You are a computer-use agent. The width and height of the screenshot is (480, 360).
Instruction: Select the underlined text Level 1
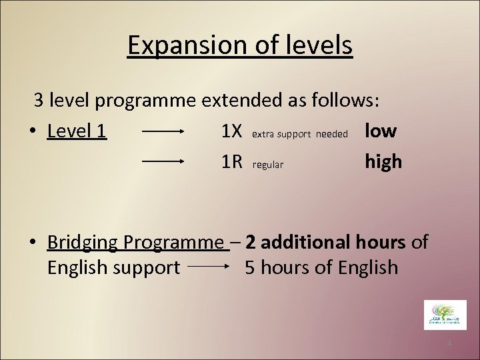tap(77, 132)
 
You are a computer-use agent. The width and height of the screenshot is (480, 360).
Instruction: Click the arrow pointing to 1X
tap(163, 132)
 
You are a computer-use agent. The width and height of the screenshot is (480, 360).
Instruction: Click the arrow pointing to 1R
tap(163, 161)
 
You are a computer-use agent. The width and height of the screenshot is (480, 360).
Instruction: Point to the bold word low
tap(381, 131)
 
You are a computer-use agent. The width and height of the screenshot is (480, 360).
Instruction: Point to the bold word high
tap(383, 161)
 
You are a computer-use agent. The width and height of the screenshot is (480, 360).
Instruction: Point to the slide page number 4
tap(449, 343)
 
